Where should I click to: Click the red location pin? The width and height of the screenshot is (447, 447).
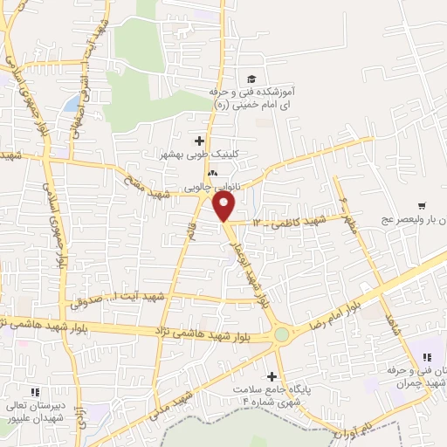pos(224,205)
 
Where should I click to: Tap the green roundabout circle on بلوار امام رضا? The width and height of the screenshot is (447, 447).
pos(281,334)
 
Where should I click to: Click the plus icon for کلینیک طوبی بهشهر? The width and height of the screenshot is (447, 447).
pos(200,140)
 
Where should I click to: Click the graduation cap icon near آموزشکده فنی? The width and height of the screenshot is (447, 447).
pos(251,79)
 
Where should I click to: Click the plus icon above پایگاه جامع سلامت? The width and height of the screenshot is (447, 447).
pos(273,375)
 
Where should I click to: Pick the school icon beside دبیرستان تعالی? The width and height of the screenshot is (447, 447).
pos(36,393)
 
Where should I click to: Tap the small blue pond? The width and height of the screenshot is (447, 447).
pos(71,104)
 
